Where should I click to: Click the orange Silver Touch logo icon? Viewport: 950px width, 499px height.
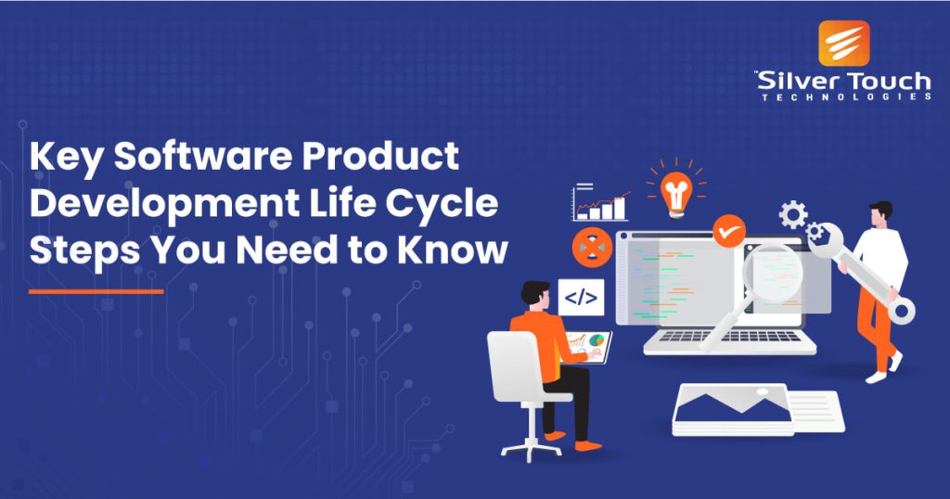(844, 43)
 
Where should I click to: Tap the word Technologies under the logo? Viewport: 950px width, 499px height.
(845, 96)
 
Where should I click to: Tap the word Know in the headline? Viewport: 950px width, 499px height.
(464, 249)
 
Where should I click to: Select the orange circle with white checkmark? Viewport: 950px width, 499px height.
(729, 227)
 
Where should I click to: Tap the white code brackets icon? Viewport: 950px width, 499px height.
(581, 298)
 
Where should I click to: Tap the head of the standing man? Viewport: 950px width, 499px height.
(879, 212)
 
